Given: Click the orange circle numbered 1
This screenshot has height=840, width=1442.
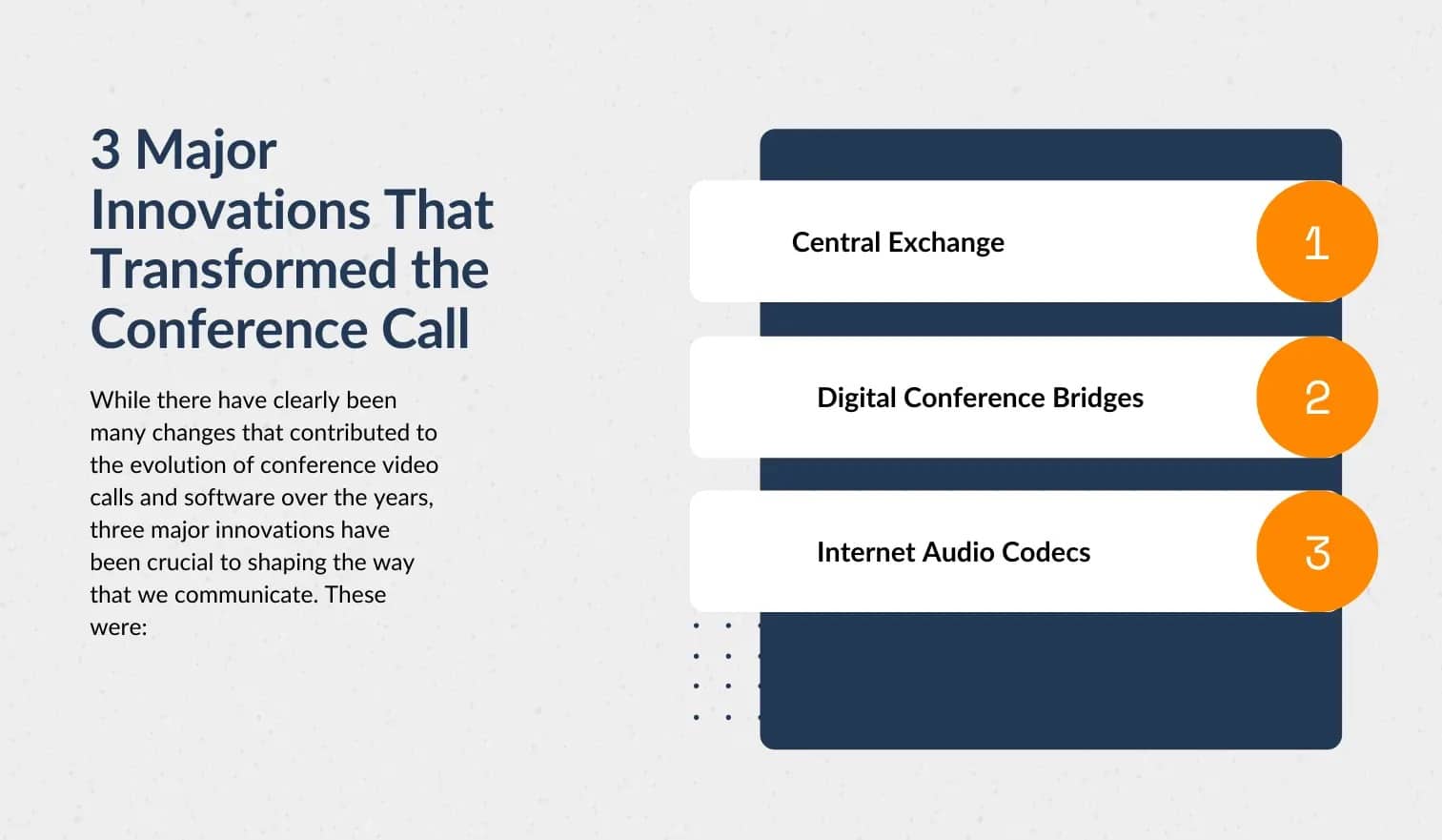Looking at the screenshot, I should coord(1316,242).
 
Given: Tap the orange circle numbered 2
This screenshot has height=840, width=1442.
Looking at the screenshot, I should coord(1316,397).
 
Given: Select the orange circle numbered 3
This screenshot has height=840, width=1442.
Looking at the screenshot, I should coord(1316,552).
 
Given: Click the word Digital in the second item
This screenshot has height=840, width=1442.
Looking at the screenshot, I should coord(856,398).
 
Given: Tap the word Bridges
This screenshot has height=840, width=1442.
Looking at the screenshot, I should coord(1097,398).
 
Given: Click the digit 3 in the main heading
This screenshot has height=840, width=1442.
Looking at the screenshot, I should coord(106,151).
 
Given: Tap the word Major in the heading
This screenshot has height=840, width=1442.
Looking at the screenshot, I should coord(206,151).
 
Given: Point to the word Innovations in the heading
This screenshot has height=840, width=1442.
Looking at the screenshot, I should coord(231,211).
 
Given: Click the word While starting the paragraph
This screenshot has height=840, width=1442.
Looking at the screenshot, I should coord(120,400).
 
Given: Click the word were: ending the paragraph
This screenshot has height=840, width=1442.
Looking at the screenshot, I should coord(118,627).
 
